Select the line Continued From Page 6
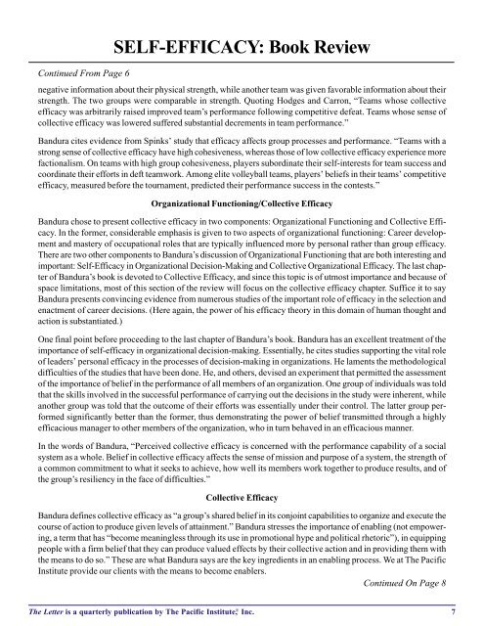78,72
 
